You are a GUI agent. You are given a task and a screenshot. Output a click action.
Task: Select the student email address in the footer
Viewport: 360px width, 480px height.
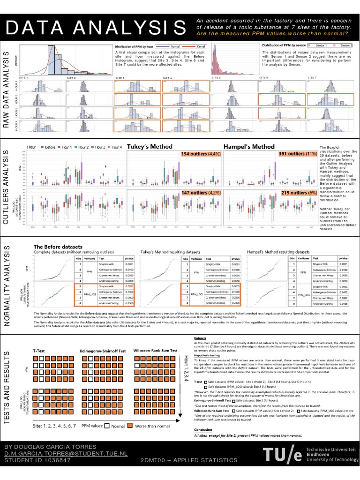point(66,454)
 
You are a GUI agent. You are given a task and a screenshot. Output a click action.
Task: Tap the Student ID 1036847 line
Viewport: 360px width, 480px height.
point(37,461)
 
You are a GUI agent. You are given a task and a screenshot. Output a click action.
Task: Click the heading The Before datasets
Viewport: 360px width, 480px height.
point(57,247)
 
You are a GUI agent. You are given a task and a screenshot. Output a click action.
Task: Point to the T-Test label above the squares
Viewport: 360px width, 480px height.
point(39,350)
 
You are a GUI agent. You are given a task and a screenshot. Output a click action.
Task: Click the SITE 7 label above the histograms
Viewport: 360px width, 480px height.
point(312,77)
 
